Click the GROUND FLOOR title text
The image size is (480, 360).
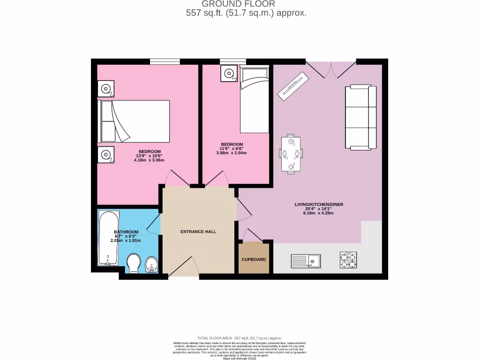click(x=239, y=4)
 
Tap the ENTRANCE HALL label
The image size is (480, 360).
click(x=198, y=232)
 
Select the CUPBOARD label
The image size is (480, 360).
click(x=254, y=259)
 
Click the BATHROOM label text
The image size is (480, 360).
click(x=126, y=232)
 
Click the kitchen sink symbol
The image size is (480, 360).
click(x=306, y=260)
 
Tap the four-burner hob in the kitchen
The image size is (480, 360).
click(x=348, y=260)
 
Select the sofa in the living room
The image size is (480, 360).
click(x=360, y=116)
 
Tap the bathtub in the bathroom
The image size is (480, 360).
click(x=109, y=238)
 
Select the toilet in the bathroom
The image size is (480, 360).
click(x=134, y=263)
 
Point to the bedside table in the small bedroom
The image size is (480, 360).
click(x=229, y=73)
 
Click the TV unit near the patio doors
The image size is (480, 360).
click(x=293, y=87)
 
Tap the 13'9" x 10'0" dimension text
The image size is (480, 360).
click(x=150, y=156)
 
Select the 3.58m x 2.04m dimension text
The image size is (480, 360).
click(x=232, y=153)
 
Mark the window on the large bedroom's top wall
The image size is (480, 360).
click(x=165, y=61)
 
